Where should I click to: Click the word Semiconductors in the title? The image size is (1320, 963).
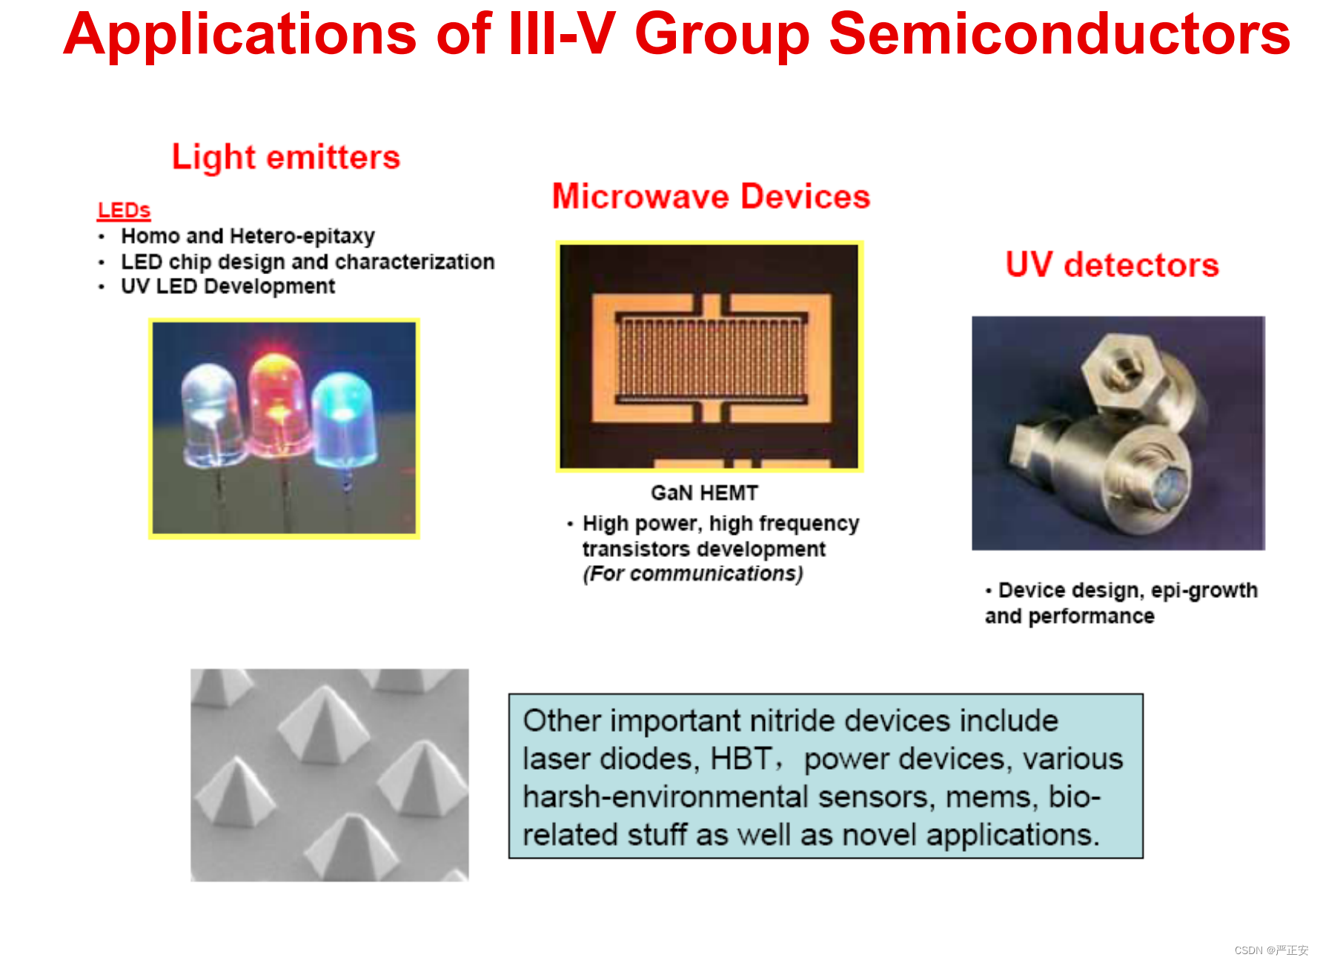pyautogui.click(x=1060, y=34)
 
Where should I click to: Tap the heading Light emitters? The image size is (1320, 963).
pyautogui.click(x=286, y=157)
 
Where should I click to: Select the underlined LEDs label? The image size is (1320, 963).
pyautogui.click(x=124, y=210)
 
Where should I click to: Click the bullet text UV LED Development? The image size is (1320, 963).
pyautogui.click(x=228, y=287)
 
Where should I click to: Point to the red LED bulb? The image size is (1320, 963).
pyautogui.click(x=278, y=404)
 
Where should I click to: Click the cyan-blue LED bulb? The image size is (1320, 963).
pyautogui.click(x=344, y=419)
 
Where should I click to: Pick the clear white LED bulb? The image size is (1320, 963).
pyautogui.click(x=213, y=415)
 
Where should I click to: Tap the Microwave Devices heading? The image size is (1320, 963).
pyautogui.click(x=712, y=197)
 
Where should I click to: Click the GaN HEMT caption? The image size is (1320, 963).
pyautogui.click(x=705, y=493)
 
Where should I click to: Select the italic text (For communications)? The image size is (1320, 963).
pyautogui.click(x=693, y=574)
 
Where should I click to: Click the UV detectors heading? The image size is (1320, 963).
pyautogui.click(x=1112, y=265)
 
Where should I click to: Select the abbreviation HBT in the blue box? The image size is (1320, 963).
pyautogui.click(x=742, y=759)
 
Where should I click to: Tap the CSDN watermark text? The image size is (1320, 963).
pyautogui.click(x=1271, y=950)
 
